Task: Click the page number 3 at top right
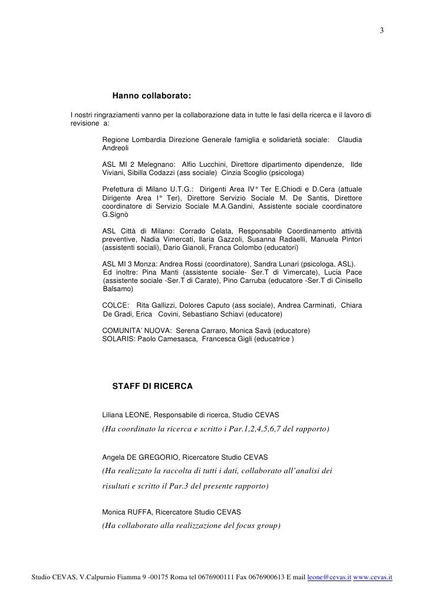(x=381, y=31)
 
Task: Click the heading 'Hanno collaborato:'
(x=151, y=95)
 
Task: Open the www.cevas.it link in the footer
(x=374, y=579)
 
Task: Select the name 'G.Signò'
(x=115, y=215)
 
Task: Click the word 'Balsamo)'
(x=118, y=290)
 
